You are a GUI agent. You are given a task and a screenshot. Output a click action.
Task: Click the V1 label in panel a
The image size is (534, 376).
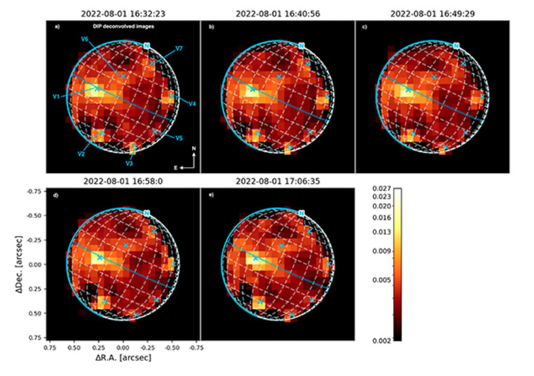(x=56, y=96)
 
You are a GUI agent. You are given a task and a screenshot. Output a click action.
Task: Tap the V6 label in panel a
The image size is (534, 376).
(x=84, y=39)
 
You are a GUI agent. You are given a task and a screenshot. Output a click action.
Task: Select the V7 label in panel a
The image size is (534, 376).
(x=179, y=49)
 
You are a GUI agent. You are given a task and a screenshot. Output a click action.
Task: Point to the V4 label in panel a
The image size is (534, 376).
(x=192, y=104)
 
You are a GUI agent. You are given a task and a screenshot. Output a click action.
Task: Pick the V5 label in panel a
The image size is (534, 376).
(x=179, y=138)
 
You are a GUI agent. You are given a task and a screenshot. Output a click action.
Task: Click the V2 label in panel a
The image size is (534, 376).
(x=81, y=154)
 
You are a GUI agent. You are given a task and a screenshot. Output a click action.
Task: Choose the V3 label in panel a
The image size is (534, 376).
(x=129, y=163)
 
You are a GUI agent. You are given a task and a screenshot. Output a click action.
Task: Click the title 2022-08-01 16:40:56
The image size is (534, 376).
(x=278, y=14)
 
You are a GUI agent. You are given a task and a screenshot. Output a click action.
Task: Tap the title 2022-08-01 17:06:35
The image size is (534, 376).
(x=278, y=181)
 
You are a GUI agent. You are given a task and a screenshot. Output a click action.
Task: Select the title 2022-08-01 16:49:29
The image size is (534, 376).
(x=432, y=14)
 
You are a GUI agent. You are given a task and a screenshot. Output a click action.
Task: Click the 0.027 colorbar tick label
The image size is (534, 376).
(x=381, y=188)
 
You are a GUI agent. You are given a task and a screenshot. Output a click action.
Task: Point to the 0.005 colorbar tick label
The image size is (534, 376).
(x=381, y=280)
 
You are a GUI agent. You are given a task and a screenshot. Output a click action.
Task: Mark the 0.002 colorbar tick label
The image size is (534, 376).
(x=381, y=341)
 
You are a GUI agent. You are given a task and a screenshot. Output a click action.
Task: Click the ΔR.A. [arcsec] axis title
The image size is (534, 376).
(x=123, y=358)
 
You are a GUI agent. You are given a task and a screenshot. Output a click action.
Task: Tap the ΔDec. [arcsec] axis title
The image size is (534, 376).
(x=19, y=264)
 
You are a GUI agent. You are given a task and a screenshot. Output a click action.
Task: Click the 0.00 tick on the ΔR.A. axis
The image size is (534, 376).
(x=123, y=348)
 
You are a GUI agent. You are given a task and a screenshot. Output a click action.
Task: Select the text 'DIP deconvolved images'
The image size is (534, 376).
(x=123, y=26)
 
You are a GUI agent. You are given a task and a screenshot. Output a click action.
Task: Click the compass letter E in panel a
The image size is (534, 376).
(x=176, y=168)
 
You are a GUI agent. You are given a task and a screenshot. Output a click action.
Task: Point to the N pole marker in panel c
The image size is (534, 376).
(x=456, y=46)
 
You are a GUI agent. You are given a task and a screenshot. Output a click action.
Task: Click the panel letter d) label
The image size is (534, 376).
(x=56, y=195)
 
